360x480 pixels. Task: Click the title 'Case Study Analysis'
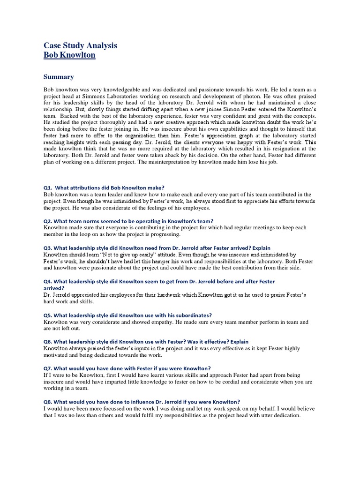coord(80,45)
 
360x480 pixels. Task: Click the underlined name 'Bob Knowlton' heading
coord(69,55)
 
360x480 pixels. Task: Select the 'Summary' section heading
coord(59,77)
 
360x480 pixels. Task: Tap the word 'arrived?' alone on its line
coord(54,288)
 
